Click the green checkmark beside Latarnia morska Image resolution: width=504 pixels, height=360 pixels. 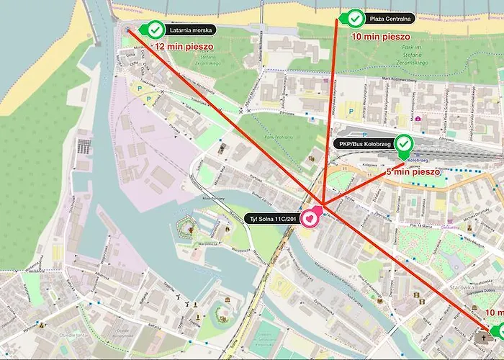154,30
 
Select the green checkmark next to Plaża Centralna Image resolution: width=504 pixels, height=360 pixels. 355,17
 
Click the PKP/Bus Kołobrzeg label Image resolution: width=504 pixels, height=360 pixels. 362,143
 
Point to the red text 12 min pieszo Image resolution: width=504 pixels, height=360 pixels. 186,47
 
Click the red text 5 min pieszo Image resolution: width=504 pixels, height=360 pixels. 413,172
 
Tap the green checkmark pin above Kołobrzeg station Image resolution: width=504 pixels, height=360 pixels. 404,143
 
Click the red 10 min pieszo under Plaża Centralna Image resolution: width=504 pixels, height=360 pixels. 380,35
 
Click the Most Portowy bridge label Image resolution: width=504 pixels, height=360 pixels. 215,197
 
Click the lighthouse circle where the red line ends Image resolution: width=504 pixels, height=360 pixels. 129,30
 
